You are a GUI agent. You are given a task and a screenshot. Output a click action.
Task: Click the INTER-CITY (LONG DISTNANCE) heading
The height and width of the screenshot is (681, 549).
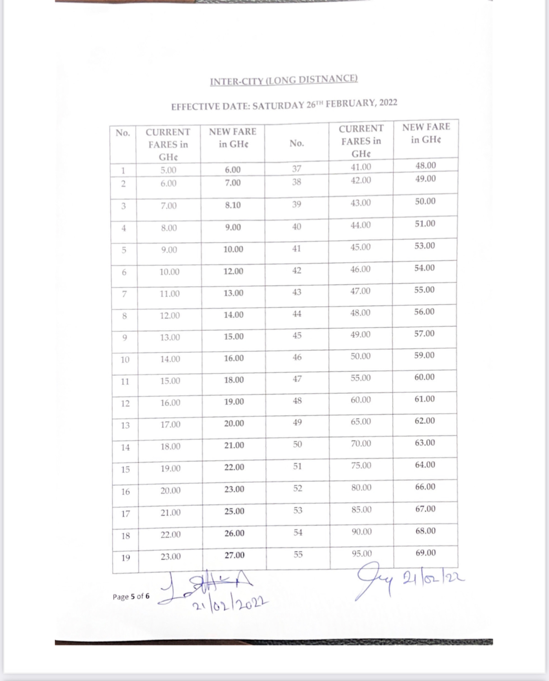pyautogui.click(x=283, y=80)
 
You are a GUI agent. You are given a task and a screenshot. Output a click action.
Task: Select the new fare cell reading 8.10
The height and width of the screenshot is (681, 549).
pyautogui.click(x=233, y=205)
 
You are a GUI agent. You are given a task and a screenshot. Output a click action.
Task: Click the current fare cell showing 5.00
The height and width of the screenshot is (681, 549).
pyautogui.click(x=168, y=170)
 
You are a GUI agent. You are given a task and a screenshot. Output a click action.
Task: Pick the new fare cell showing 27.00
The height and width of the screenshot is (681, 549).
pyautogui.click(x=234, y=556)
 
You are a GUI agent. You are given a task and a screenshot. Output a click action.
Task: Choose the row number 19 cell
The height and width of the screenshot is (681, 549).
pyautogui.click(x=125, y=558)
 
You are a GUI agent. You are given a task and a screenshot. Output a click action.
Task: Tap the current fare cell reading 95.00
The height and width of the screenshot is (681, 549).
pyautogui.click(x=361, y=554)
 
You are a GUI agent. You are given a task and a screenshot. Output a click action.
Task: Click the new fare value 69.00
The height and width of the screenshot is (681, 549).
pyautogui.click(x=425, y=553)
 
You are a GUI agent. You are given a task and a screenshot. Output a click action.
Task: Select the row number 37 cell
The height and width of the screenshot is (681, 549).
pyautogui.click(x=297, y=169)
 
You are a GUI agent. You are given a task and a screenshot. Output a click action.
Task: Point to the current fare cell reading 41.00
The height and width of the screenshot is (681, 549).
pyautogui.click(x=361, y=167)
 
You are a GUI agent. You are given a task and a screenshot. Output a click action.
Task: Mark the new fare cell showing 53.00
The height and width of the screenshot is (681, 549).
pyautogui.click(x=425, y=246)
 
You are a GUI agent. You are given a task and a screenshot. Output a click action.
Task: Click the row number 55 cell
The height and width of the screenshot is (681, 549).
pyautogui.click(x=298, y=555)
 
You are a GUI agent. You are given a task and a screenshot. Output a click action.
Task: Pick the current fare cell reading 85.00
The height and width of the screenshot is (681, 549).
pyautogui.click(x=361, y=510)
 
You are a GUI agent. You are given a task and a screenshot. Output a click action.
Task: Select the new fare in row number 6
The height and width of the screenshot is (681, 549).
pyautogui.click(x=233, y=271)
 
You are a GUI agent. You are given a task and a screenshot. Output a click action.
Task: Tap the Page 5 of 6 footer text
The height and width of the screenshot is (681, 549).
pyautogui.click(x=131, y=596)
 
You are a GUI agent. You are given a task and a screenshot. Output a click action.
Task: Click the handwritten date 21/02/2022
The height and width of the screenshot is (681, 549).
pyautogui.click(x=230, y=604)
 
